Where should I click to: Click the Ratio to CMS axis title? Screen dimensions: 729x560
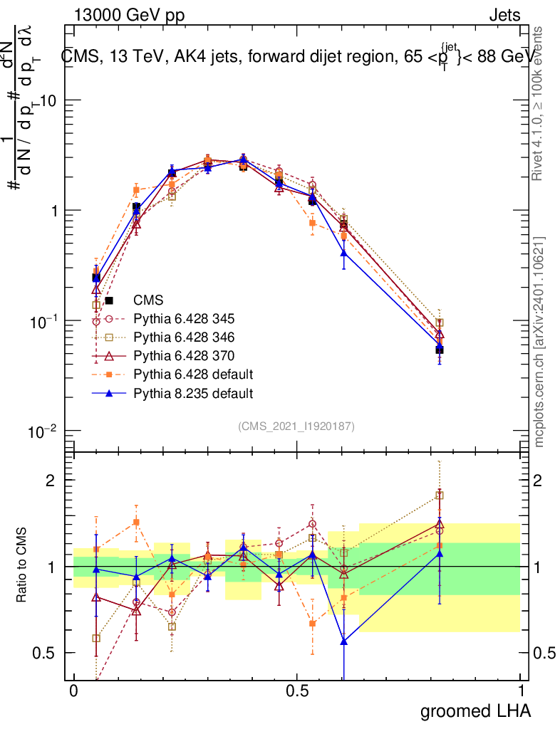tap(21, 566)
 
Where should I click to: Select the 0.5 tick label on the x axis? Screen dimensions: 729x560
tap(297, 691)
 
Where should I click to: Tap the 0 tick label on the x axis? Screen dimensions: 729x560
tap(73, 691)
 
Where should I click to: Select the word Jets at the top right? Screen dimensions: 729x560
tap(504, 14)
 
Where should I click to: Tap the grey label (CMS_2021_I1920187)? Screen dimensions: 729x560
tap(296, 426)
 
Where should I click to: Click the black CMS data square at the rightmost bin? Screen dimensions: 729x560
tap(440, 350)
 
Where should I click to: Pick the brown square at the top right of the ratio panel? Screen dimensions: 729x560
tap(440, 495)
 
